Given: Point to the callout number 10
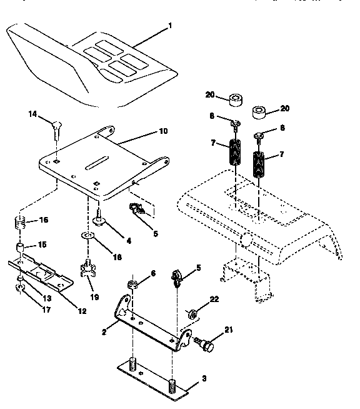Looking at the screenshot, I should pos(163,132).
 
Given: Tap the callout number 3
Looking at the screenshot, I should pos(204,378).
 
